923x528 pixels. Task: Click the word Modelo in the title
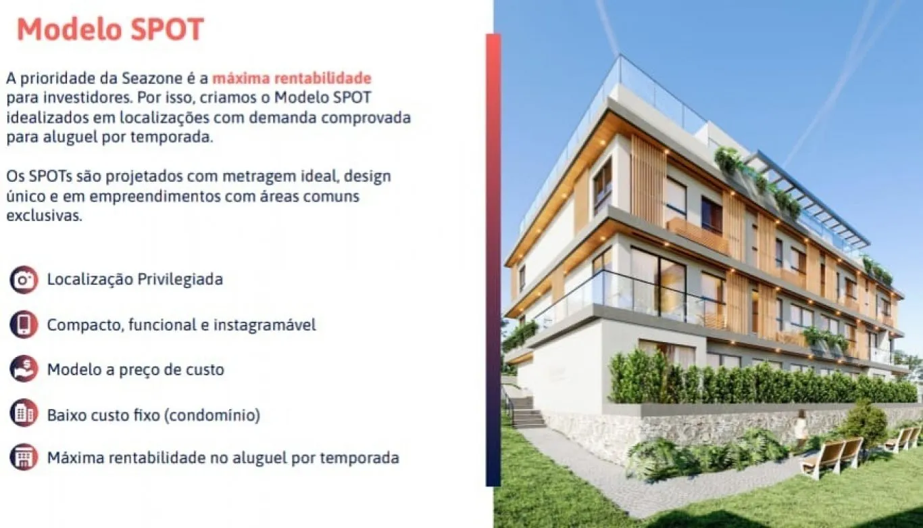click(66, 30)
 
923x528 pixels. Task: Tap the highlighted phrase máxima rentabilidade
click(292, 77)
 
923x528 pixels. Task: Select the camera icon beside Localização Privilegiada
click(24, 279)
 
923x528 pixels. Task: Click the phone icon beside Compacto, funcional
click(24, 325)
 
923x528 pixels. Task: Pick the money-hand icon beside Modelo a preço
click(24, 369)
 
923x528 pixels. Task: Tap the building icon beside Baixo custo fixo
click(24, 413)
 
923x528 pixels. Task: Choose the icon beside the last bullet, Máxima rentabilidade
click(24, 457)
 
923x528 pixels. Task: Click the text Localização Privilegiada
click(134, 279)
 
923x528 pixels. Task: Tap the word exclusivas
click(45, 216)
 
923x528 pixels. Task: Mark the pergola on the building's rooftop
click(811, 196)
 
